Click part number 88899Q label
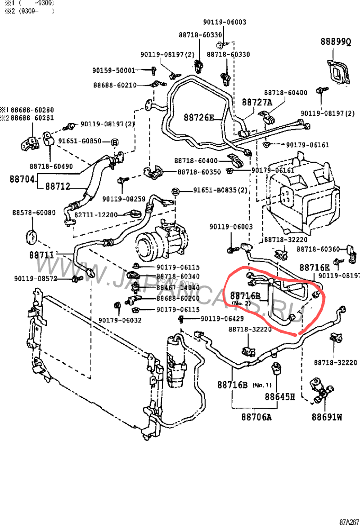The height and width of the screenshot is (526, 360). pyautogui.click(x=335, y=42)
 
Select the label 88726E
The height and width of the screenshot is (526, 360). pyautogui.click(x=198, y=118)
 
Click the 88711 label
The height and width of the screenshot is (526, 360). pyautogui.click(x=41, y=255)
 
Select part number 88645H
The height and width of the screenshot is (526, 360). pyautogui.click(x=279, y=397)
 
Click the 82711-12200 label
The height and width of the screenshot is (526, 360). pyautogui.click(x=95, y=215)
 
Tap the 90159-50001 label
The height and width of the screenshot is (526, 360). pyautogui.click(x=114, y=71)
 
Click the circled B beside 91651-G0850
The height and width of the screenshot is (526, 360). pyautogui.click(x=114, y=143)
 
